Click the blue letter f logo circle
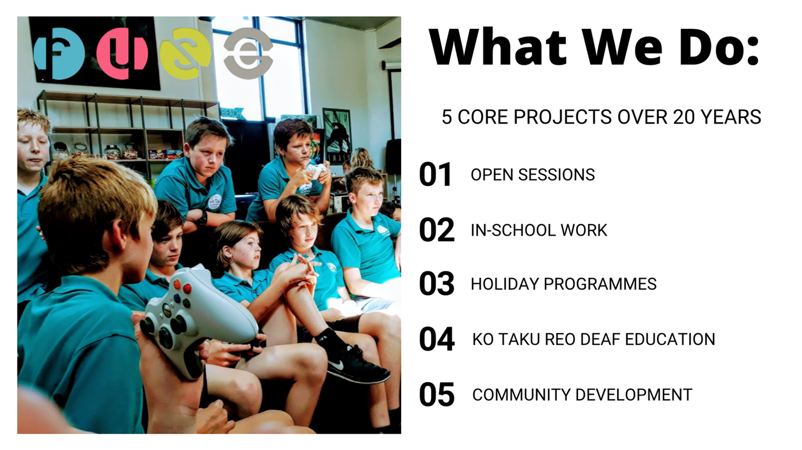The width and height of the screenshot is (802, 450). [59, 53]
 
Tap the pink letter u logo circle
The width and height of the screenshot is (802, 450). [122, 53]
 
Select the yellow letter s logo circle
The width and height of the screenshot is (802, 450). [185, 53]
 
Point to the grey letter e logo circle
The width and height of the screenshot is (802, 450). [248, 53]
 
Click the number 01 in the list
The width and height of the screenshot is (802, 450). [435, 175]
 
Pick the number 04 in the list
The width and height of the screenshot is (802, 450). [437, 339]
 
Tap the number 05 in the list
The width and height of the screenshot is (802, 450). [437, 394]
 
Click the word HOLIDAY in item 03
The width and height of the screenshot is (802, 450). [504, 284]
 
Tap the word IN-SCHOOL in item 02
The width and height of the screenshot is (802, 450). [513, 230]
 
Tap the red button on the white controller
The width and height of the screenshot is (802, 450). [187, 289]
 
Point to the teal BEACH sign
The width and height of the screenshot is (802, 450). [231, 113]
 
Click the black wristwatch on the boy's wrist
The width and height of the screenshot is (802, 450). [203, 218]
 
